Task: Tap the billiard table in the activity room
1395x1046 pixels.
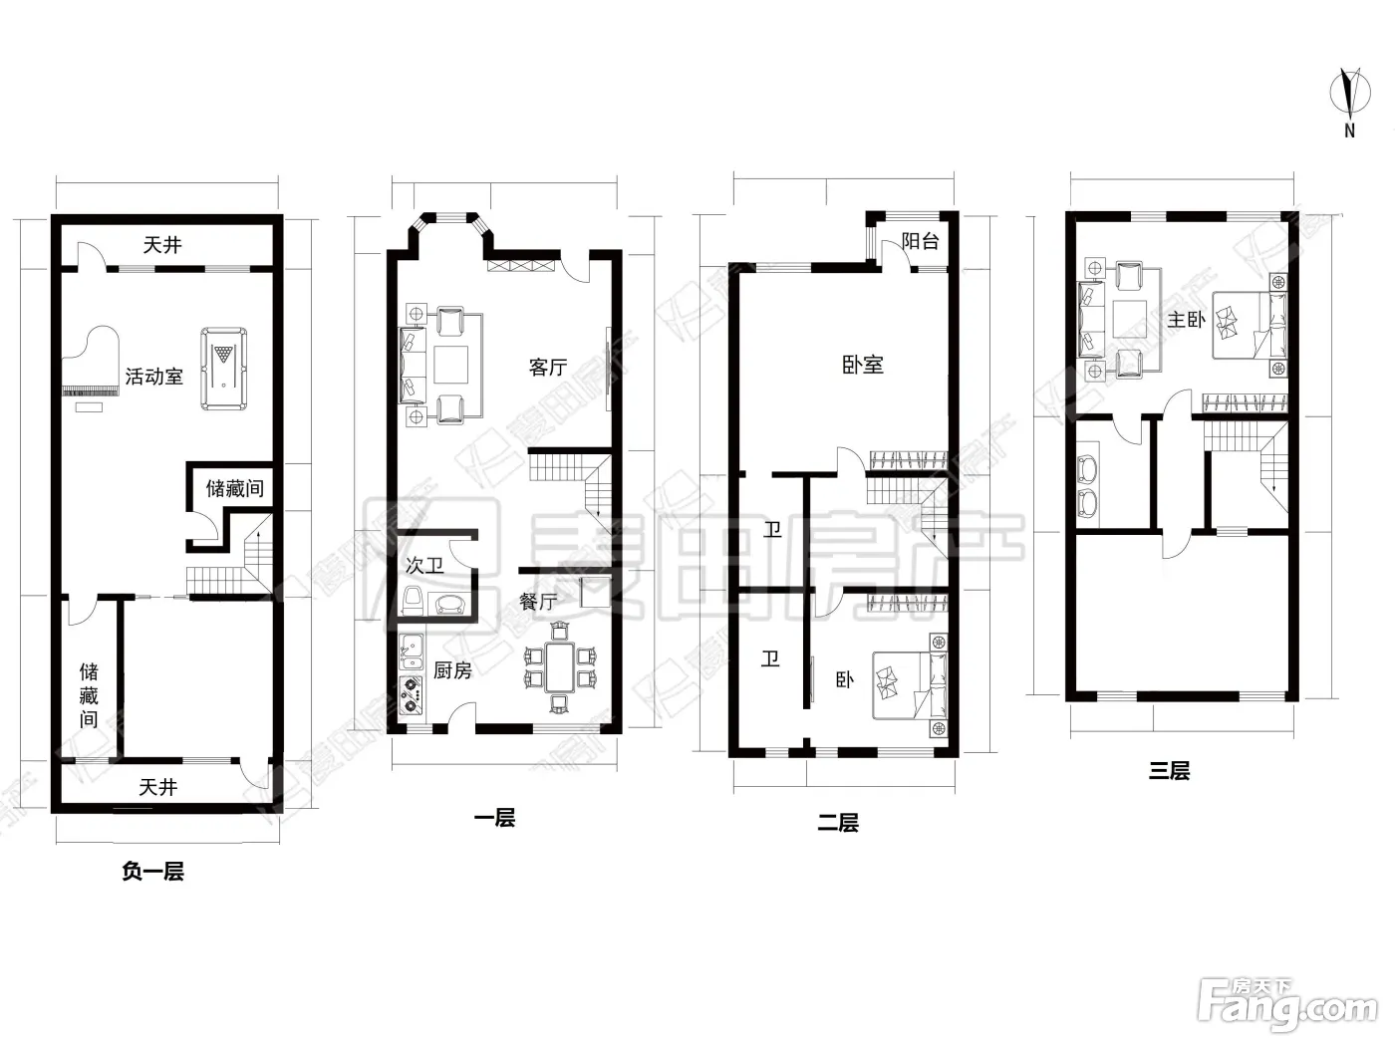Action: pyautogui.click(x=224, y=369)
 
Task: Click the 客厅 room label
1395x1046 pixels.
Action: pyautogui.click(x=548, y=367)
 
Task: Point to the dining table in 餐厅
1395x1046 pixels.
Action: pyautogui.click(x=560, y=666)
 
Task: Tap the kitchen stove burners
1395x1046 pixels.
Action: pyautogui.click(x=412, y=694)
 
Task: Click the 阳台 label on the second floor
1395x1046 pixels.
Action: pyautogui.click(x=921, y=241)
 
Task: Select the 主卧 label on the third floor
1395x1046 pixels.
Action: pyautogui.click(x=1186, y=320)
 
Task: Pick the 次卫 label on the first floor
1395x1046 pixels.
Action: pyautogui.click(x=424, y=565)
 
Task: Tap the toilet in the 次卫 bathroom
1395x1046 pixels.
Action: pyautogui.click(x=413, y=601)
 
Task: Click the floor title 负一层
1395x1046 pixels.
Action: pyautogui.click(x=153, y=871)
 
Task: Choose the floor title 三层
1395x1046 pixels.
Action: pyautogui.click(x=1169, y=771)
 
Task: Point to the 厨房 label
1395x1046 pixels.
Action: pyautogui.click(x=452, y=670)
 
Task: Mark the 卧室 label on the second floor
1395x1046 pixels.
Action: pyautogui.click(x=863, y=366)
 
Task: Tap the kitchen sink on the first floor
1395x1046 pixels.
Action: pyautogui.click(x=412, y=652)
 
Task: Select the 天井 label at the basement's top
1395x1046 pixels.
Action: pyautogui.click(x=162, y=244)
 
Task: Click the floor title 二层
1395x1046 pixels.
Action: pyautogui.click(x=838, y=823)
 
